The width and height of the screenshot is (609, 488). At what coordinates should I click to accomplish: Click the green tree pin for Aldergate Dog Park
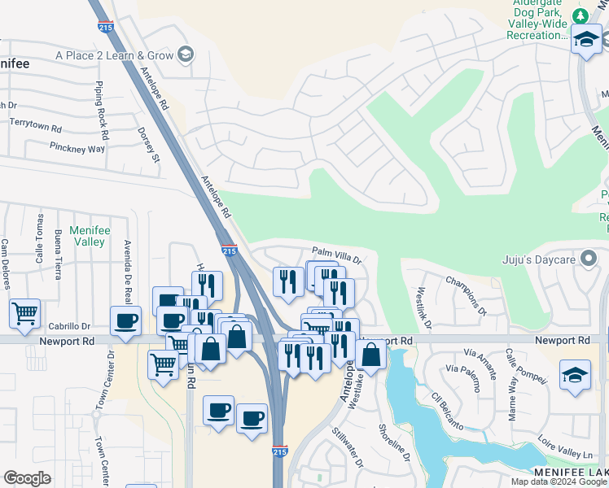(580, 15)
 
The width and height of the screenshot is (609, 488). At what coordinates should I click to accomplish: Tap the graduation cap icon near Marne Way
(575, 376)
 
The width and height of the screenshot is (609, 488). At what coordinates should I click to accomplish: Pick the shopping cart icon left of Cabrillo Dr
(25, 312)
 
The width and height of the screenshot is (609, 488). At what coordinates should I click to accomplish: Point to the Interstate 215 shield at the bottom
(278, 472)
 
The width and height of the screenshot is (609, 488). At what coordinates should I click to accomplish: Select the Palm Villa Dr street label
(335, 251)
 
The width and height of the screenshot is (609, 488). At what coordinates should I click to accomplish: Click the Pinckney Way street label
(77, 149)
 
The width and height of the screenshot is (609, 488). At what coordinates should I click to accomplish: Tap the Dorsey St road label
(149, 144)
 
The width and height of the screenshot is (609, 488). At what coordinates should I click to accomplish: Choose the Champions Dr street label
(466, 295)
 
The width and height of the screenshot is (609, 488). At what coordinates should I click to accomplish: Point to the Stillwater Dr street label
(347, 447)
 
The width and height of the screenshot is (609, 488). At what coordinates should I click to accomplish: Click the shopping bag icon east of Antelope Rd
(370, 355)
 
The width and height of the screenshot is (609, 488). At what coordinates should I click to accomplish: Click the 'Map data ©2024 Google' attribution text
(559, 481)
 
